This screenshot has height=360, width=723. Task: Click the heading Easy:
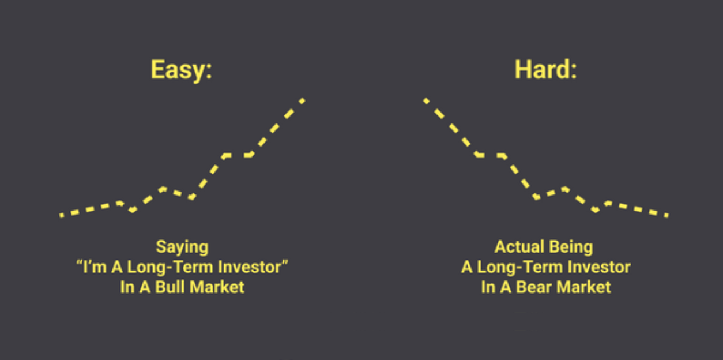[x=182, y=70]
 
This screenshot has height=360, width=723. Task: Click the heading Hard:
[x=545, y=69]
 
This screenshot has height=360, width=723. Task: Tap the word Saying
[x=182, y=247]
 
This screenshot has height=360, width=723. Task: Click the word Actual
[x=519, y=247]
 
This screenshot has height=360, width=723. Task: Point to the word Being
[x=571, y=247]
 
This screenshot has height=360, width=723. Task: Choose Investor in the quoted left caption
[x=249, y=267]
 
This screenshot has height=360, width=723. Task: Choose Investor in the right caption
[x=599, y=267]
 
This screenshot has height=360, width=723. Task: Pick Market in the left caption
[x=217, y=287]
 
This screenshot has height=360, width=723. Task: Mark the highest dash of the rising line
[x=302, y=101]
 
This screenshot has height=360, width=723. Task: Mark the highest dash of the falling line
[x=426, y=101]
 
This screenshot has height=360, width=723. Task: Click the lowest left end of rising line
[x=61, y=216]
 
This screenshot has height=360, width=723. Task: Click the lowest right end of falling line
[x=667, y=216]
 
